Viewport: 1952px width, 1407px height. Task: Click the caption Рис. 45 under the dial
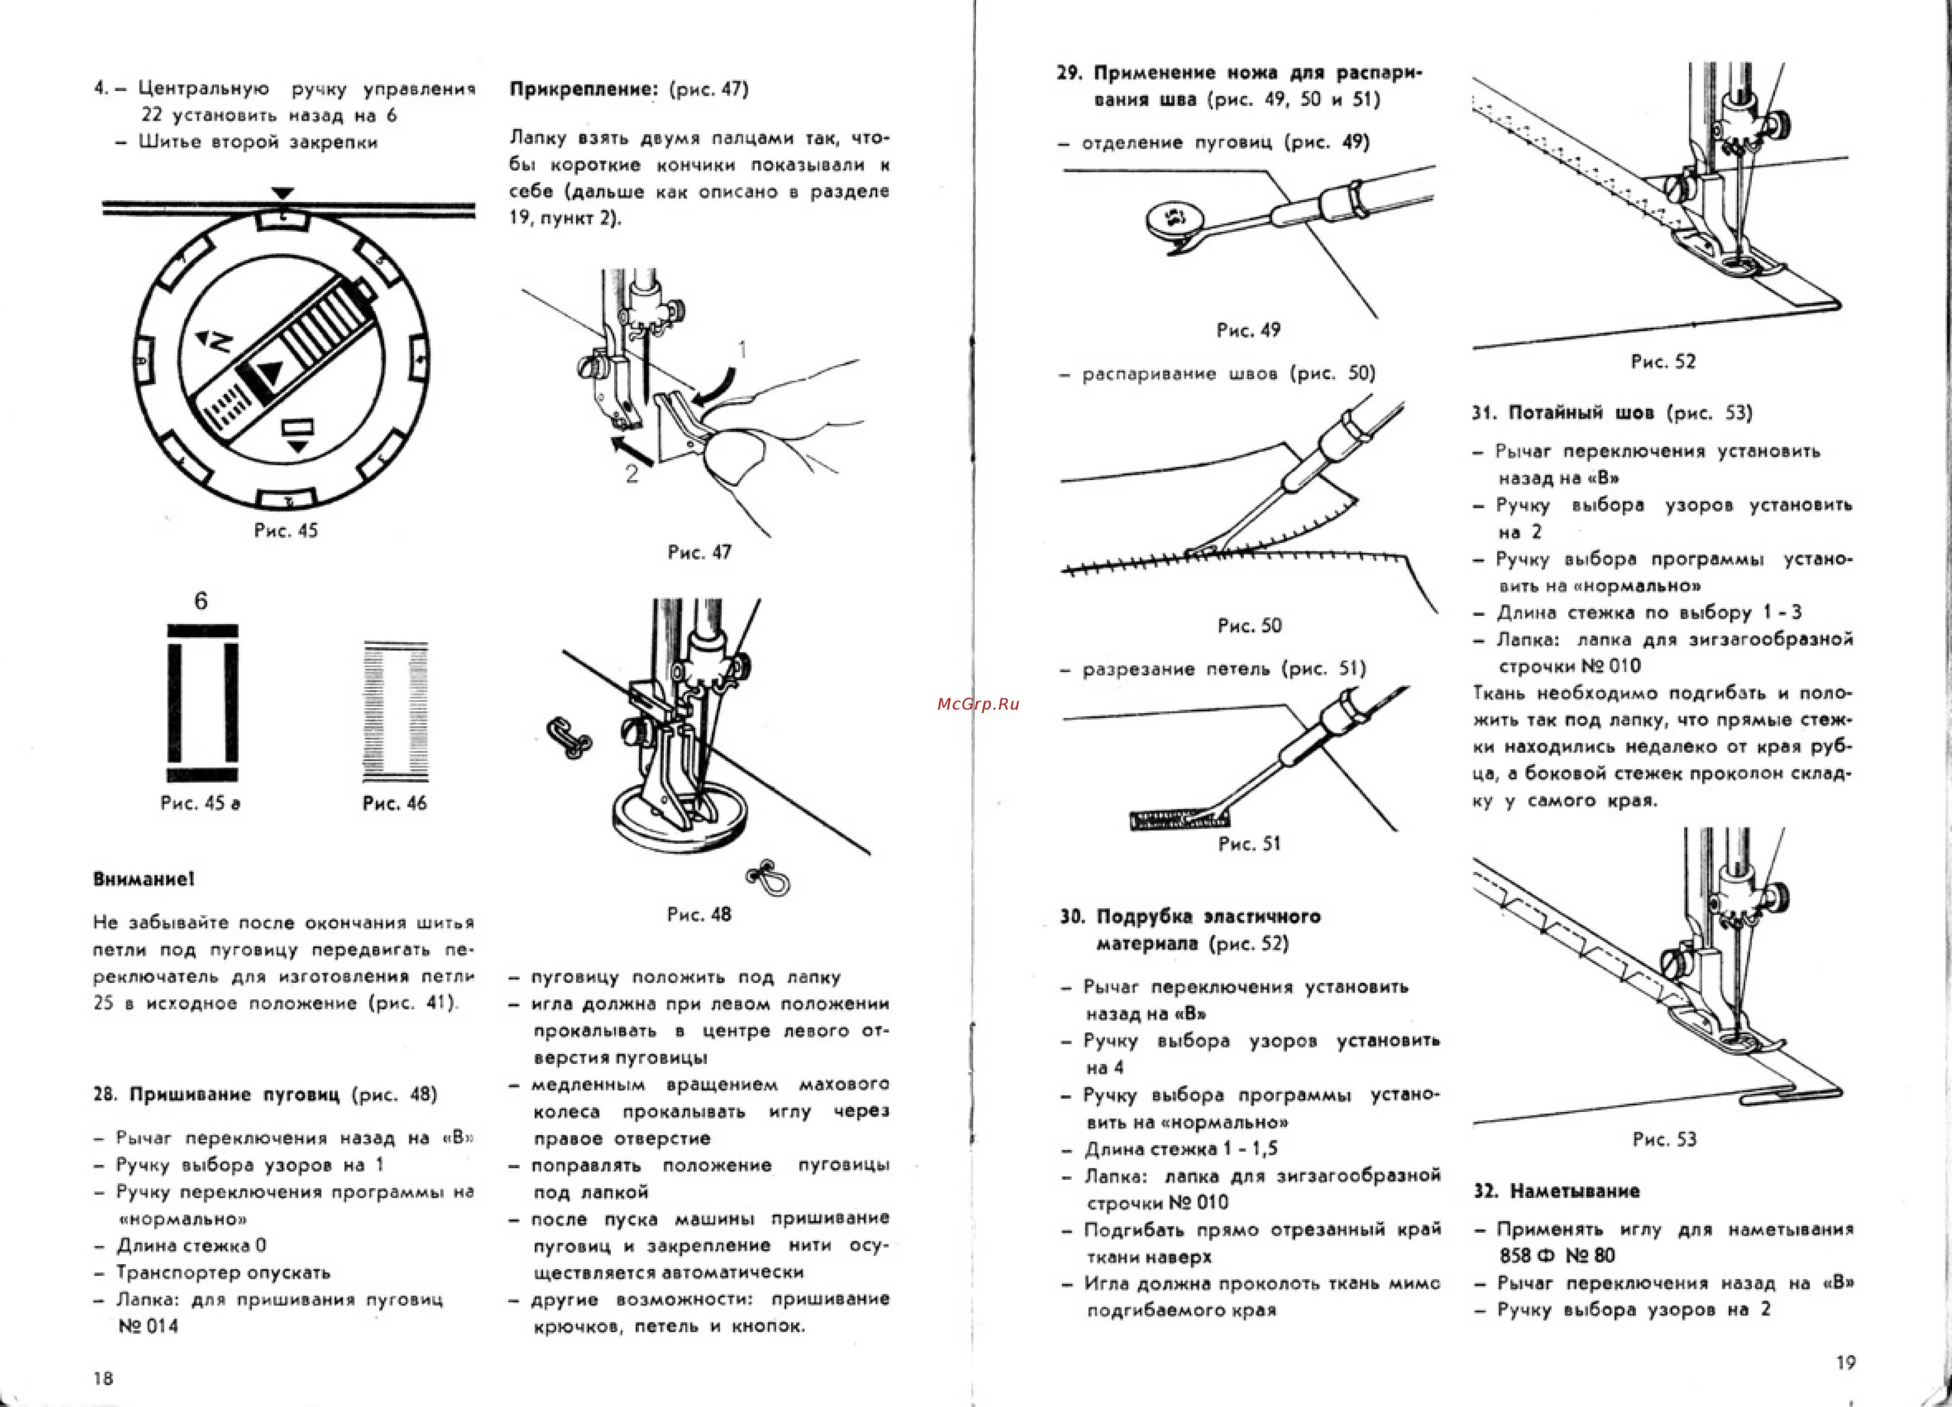(x=286, y=531)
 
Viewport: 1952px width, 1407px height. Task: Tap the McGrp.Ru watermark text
(x=978, y=703)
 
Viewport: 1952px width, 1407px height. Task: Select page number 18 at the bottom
(x=103, y=1378)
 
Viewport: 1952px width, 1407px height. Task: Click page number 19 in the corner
(x=1845, y=1362)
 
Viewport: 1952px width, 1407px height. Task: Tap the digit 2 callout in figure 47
(x=632, y=473)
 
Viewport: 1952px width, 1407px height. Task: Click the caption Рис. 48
(x=699, y=915)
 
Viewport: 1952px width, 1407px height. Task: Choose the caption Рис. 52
(x=1663, y=361)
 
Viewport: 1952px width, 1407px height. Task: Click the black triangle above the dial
(x=282, y=194)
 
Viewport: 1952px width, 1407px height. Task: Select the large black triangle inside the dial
(x=270, y=374)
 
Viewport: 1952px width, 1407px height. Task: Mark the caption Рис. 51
(x=1249, y=844)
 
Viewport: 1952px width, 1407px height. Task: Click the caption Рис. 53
(x=1664, y=1139)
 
